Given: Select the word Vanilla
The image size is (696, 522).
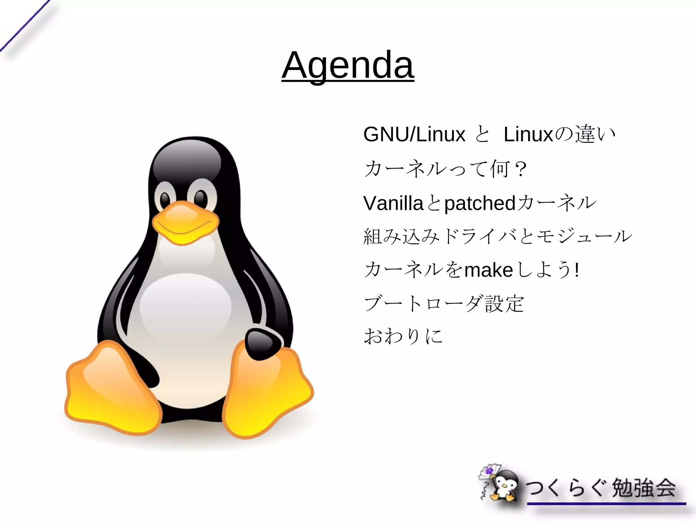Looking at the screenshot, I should coord(393,203).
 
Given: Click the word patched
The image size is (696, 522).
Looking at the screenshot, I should coord(480,203).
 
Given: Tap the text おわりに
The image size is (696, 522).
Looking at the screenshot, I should coord(403,336).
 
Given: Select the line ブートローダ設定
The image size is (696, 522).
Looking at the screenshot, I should coord(444,303).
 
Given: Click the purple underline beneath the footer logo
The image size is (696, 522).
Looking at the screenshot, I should coord(606,504).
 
